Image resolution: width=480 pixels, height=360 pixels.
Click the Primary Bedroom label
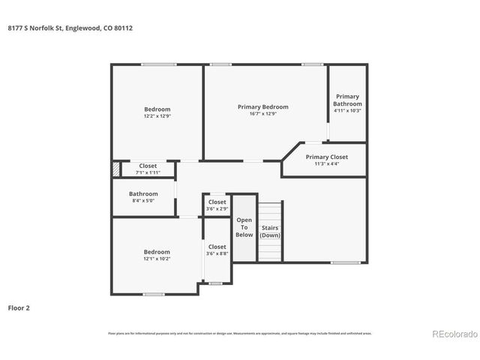point(262,107)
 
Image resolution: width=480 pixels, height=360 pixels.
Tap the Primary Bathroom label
point(347,100)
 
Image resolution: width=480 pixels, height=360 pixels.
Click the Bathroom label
point(143,193)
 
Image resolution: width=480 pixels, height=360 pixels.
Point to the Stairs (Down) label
point(269,231)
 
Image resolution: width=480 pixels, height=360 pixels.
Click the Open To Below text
point(244,227)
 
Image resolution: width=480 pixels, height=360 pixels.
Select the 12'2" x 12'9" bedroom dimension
point(157,116)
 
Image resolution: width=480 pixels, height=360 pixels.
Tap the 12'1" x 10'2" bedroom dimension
point(157,259)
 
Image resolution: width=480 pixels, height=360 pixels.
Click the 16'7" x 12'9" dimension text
point(262,114)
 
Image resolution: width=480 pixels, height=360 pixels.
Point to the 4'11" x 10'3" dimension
point(347,110)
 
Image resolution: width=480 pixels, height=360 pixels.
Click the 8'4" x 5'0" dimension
point(143,200)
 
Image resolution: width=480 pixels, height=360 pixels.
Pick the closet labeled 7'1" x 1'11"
point(148,169)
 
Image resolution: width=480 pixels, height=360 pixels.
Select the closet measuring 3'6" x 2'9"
point(217,205)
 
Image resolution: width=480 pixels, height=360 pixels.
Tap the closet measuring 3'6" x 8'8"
point(217,250)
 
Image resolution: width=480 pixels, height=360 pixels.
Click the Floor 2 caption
point(19,307)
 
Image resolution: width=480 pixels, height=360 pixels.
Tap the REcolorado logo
point(451,334)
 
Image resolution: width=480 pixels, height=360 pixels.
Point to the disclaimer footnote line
point(239,333)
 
